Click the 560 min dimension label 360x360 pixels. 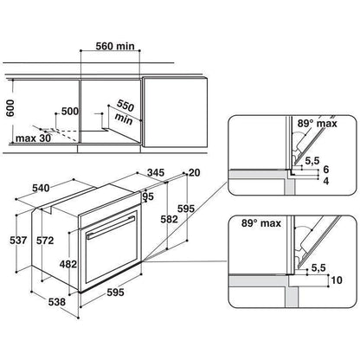(x=115, y=46)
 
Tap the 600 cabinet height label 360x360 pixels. (x=10, y=108)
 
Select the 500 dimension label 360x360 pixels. (x=70, y=112)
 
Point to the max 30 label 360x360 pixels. (x=33, y=138)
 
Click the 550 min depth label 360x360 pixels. (x=125, y=112)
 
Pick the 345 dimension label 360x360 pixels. (x=156, y=172)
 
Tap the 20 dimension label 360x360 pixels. (x=194, y=172)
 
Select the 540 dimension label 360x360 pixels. (x=41, y=189)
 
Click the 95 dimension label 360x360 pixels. (x=148, y=196)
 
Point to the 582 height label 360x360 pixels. (x=169, y=220)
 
